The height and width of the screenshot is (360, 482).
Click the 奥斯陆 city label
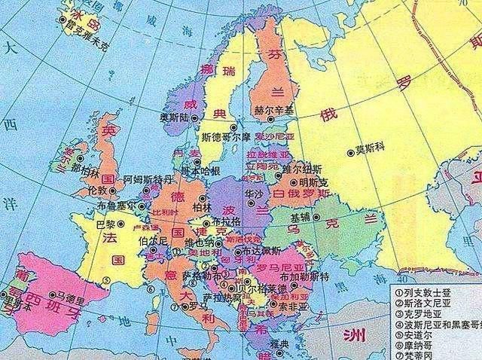coord(175,117)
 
